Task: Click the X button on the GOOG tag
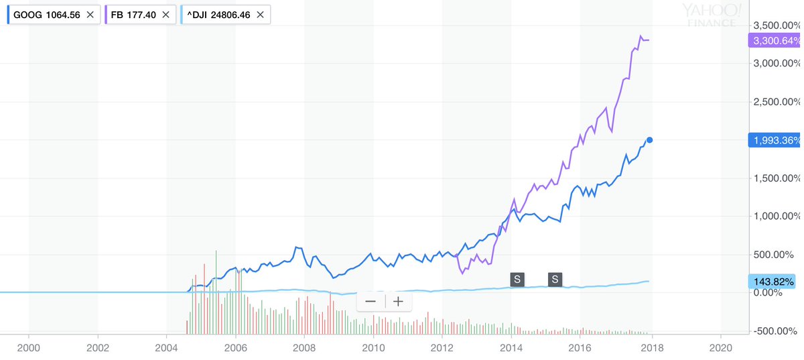point(90,14)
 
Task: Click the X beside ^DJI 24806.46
point(260,14)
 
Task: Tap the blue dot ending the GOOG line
point(649,140)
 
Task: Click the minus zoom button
point(371,301)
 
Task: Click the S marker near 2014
point(517,279)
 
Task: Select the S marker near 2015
point(555,279)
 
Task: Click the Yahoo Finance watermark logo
point(712,15)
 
